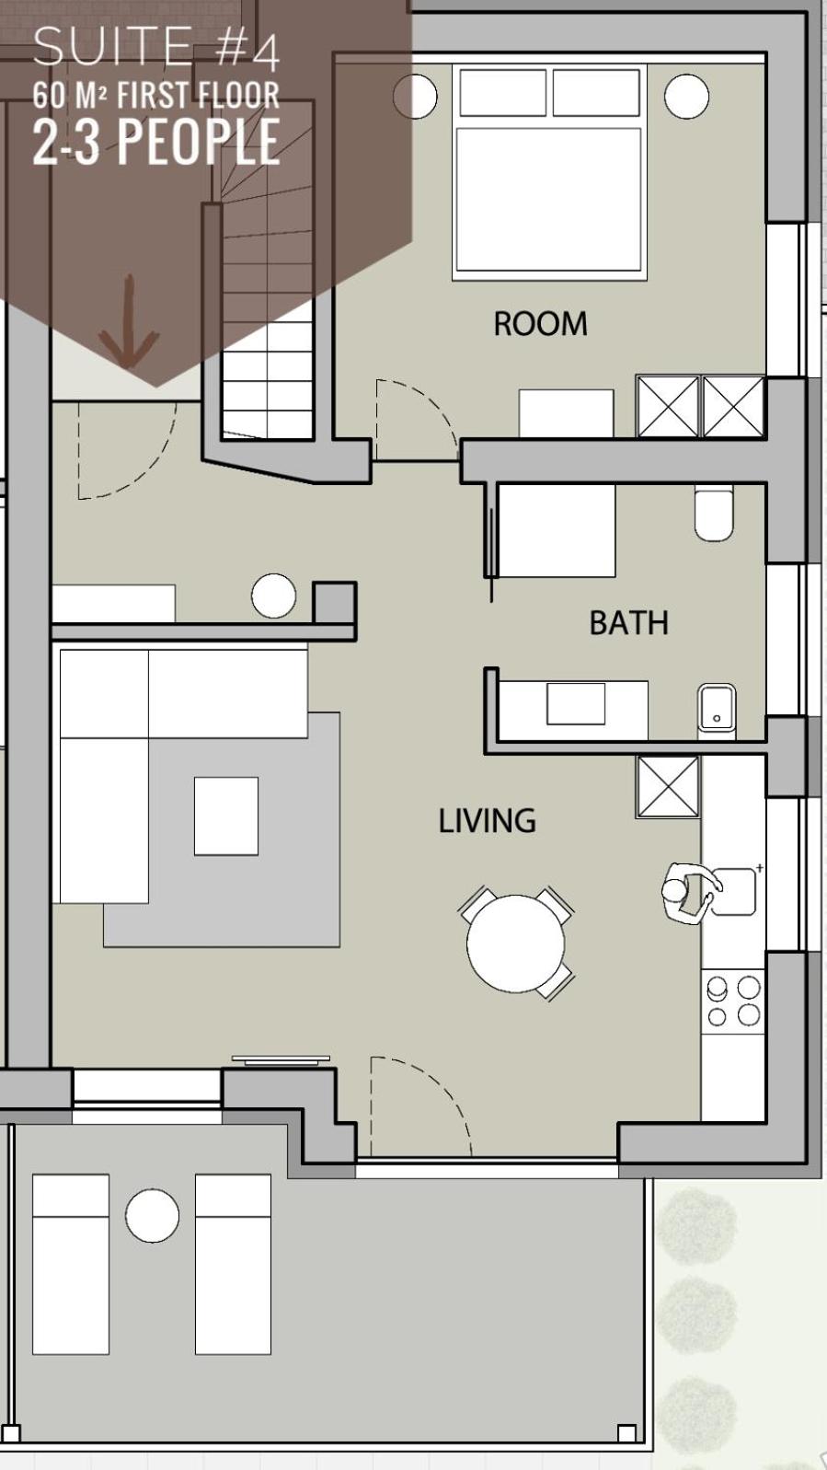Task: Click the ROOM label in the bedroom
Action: click(540, 323)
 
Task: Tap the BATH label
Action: click(629, 623)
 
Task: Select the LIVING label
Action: click(488, 821)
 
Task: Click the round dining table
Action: click(515, 943)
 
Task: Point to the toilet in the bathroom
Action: click(714, 514)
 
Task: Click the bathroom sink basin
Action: click(717, 708)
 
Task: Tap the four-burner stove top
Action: click(733, 1001)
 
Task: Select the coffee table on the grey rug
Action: click(226, 816)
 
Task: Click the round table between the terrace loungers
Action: click(152, 1215)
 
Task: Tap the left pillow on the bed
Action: click(503, 93)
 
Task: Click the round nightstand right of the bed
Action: click(686, 97)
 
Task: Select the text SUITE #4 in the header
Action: click(156, 47)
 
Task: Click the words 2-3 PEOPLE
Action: click(156, 141)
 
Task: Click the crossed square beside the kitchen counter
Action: click(668, 787)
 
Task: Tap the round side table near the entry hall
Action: click(273, 596)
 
